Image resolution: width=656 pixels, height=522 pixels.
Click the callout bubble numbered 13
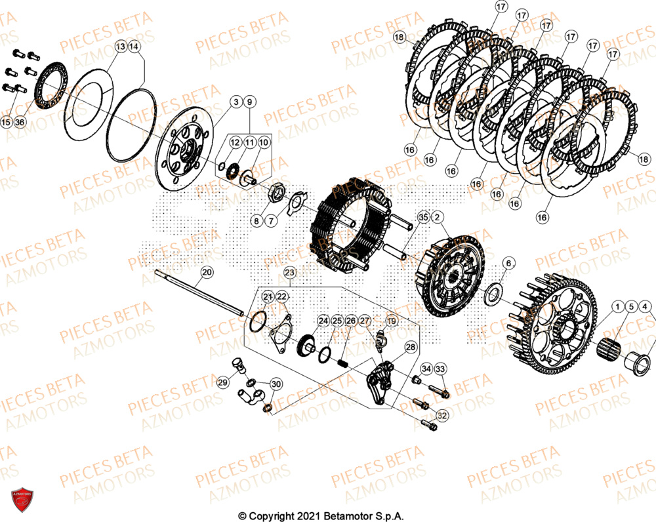tap(121, 47)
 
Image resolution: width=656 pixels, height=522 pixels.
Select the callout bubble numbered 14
tap(134, 47)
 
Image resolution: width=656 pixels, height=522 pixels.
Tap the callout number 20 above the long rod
tap(207, 272)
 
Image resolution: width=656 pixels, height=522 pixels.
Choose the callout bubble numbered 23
tap(291, 271)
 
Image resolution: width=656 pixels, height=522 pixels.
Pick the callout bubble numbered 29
tap(223, 382)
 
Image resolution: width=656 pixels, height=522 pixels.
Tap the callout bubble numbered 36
tap(20, 123)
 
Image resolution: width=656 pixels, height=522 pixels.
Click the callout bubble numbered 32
tap(441, 415)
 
